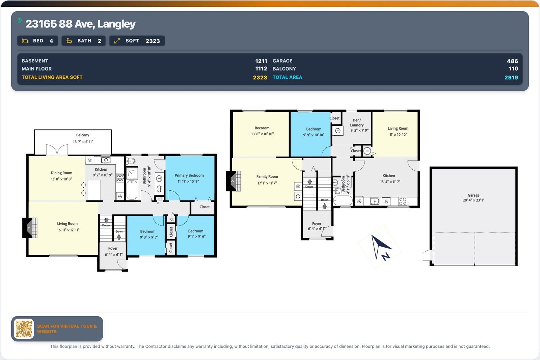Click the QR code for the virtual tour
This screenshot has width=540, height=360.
tap(24, 329)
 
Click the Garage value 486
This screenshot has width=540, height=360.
tap(512, 61)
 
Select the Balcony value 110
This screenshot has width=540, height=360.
tap(513, 69)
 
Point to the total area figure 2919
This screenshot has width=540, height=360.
tap(511, 78)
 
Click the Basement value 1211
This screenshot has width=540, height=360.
tap(261, 61)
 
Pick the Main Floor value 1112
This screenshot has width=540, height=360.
tap(261, 69)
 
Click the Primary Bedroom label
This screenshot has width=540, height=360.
tap(189, 175)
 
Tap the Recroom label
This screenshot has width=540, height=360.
tap(262, 128)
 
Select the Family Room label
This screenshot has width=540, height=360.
tap(267, 177)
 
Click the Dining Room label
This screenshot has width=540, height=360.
tap(61, 173)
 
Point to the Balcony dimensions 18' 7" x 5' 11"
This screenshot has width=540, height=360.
tap(83, 142)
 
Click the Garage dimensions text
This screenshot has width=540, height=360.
tap(474, 200)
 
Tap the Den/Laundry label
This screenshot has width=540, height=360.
tap(357, 122)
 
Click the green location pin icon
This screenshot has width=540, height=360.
tap(20, 21)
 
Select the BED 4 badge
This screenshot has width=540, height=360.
tap(37, 41)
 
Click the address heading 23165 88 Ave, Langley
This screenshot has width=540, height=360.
tap(81, 24)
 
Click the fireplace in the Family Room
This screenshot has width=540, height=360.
tap(233, 181)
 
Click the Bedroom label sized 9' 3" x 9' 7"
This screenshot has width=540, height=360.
tap(148, 231)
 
